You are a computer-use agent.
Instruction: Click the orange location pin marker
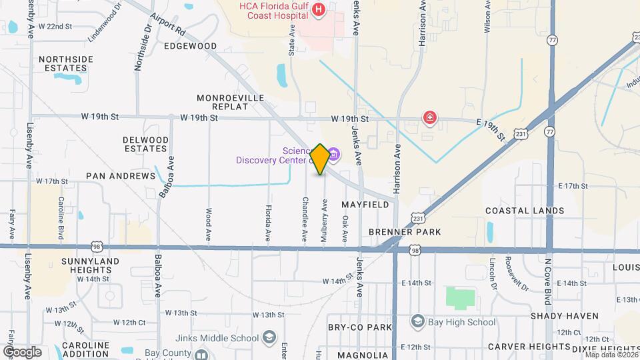click(320, 159)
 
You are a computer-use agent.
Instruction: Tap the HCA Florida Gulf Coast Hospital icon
click(319, 9)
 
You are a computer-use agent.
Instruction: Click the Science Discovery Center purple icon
click(333, 155)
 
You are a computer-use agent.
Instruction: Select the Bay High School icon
click(417, 322)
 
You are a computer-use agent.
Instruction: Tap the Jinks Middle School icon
click(269, 337)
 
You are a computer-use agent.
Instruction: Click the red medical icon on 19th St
click(431, 119)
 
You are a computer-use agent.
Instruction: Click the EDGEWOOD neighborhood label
click(191, 46)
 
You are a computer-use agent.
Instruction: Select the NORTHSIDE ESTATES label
click(66, 63)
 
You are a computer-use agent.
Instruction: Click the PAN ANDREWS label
click(120, 176)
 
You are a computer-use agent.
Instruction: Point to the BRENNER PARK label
click(405, 232)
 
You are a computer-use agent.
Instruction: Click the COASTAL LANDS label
click(525, 211)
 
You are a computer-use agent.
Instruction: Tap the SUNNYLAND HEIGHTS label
click(90, 265)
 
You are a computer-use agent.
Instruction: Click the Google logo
click(22, 351)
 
